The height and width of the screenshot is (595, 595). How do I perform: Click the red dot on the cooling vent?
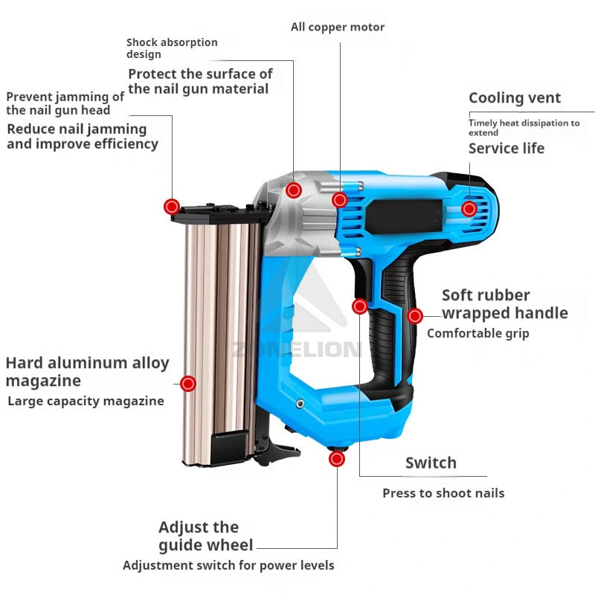pyautogui.click(x=469, y=209)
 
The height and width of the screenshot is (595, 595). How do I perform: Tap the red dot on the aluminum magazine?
pyautogui.click(x=188, y=384)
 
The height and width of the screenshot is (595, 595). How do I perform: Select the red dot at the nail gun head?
pyautogui.click(x=172, y=206)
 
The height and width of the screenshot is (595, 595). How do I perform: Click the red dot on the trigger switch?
pyautogui.click(x=360, y=306)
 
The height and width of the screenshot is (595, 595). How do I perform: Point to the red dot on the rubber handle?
pyautogui.click(x=415, y=315)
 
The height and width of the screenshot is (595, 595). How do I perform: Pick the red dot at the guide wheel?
pyautogui.click(x=337, y=459)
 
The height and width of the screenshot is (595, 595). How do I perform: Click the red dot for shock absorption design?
pyautogui.click(x=294, y=190)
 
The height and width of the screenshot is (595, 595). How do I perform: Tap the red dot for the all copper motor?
pyautogui.click(x=340, y=199)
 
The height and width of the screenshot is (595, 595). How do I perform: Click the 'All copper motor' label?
pyautogui.click(x=338, y=28)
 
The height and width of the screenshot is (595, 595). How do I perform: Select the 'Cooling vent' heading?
pyautogui.click(x=515, y=98)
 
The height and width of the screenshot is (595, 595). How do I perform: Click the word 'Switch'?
pyautogui.click(x=431, y=463)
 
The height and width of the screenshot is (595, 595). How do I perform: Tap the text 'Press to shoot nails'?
pyautogui.click(x=443, y=493)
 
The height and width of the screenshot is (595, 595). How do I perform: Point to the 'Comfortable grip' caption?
pyautogui.click(x=478, y=333)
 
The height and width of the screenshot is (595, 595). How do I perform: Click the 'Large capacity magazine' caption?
pyautogui.click(x=86, y=401)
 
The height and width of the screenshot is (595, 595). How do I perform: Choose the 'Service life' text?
pyautogui.click(x=506, y=148)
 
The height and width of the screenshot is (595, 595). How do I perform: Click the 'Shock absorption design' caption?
pyautogui.click(x=172, y=48)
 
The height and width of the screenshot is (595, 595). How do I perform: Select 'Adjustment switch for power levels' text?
pyautogui.click(x=228, y=565)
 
